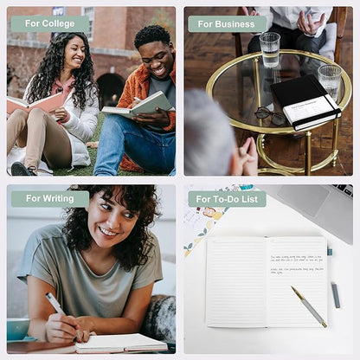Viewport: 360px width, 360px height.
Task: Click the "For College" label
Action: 49,23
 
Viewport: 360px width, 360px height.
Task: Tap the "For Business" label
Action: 227,23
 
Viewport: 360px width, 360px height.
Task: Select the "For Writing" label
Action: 49,198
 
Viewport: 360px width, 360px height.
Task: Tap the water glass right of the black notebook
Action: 330,80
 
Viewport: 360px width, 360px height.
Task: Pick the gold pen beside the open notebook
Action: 309,306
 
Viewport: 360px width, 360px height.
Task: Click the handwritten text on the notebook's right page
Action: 297,265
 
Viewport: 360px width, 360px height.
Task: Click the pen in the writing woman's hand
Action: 55,304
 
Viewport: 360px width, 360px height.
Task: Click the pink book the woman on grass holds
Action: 36,102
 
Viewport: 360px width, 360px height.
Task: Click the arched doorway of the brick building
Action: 110,87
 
